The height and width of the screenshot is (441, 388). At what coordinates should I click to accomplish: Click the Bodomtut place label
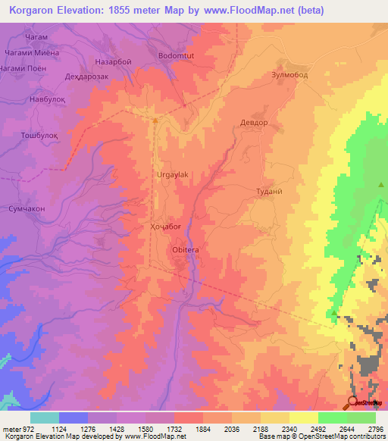point(177,55)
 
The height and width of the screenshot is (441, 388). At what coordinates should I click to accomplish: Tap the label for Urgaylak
point(172,174)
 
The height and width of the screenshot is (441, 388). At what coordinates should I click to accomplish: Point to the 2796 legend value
point(375,428)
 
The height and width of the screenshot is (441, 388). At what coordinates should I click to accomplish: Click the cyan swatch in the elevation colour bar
point(45,418)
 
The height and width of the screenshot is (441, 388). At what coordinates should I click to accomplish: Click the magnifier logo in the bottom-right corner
point(354,402)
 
